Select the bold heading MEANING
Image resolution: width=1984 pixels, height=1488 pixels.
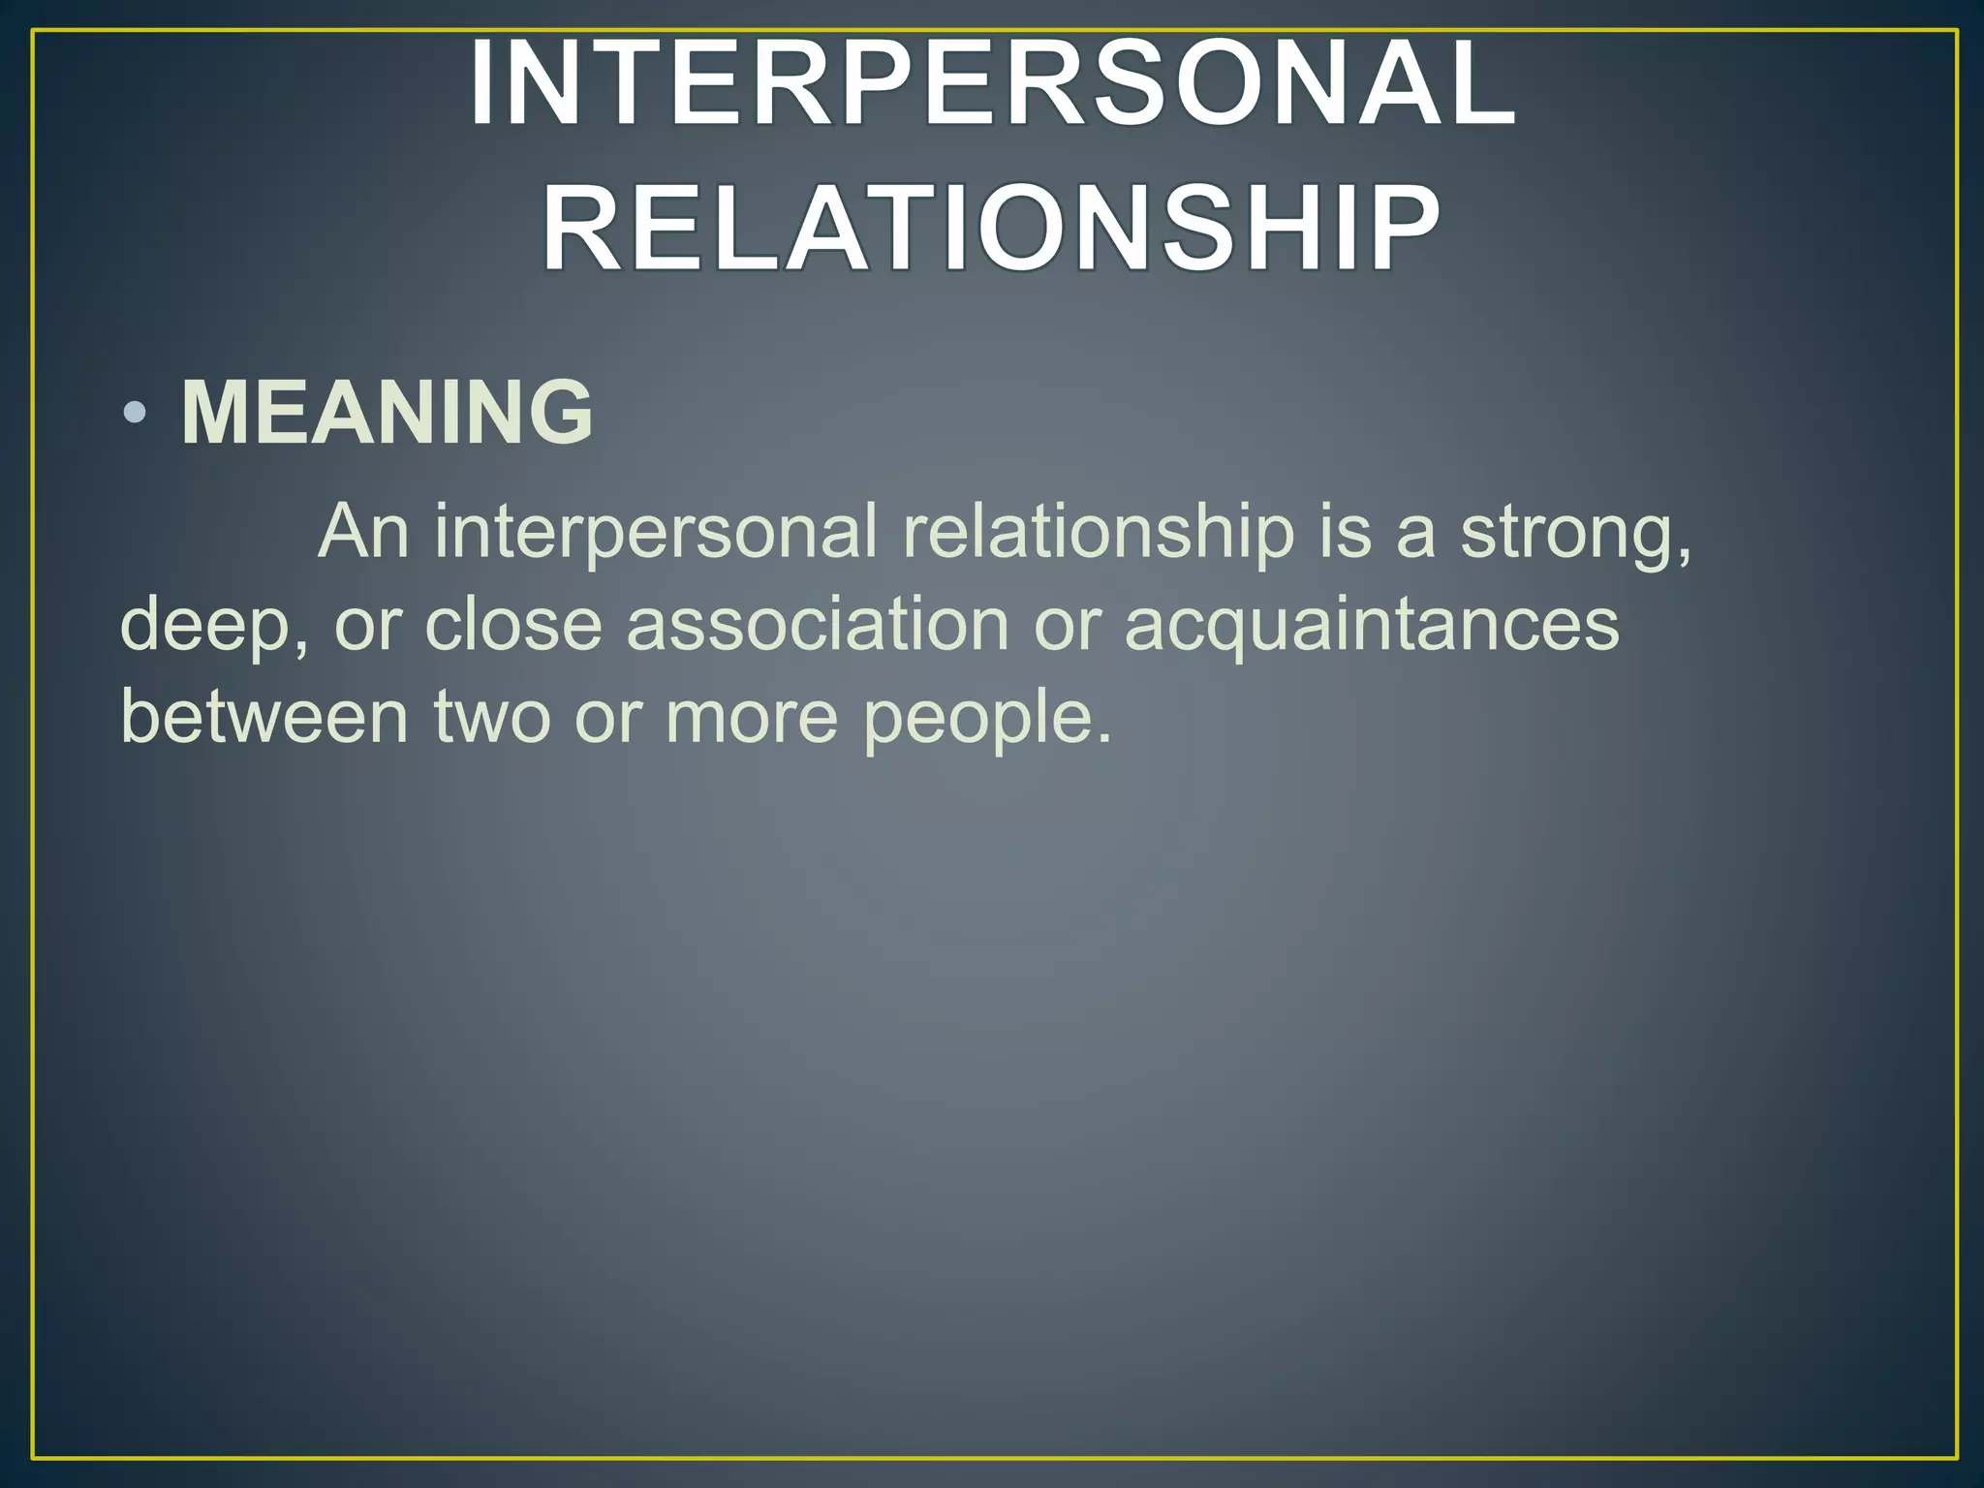coord(387,413)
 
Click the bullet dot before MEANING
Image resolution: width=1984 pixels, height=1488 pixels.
coord(136,415)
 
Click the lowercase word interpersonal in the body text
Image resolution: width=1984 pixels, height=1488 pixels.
coord(655,534)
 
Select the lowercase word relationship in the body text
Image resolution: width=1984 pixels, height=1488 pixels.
coord(1098,534)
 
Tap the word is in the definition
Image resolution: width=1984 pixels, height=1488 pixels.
coord(1346,532)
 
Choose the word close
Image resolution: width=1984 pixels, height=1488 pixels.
coord(513,625)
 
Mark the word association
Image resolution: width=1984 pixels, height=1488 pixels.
coord(818,625)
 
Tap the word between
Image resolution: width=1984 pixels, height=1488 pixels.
coord(263,718)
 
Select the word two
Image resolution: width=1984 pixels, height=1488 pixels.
coord(491,718)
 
